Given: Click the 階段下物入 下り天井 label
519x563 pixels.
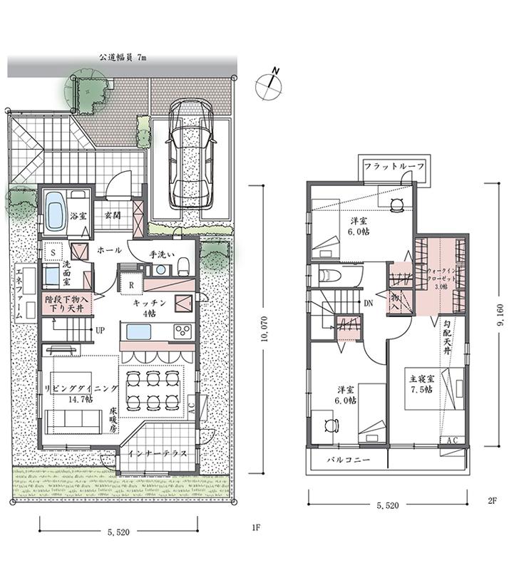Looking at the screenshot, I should (64, 304).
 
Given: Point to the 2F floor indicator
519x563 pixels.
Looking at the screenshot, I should (491, 502).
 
